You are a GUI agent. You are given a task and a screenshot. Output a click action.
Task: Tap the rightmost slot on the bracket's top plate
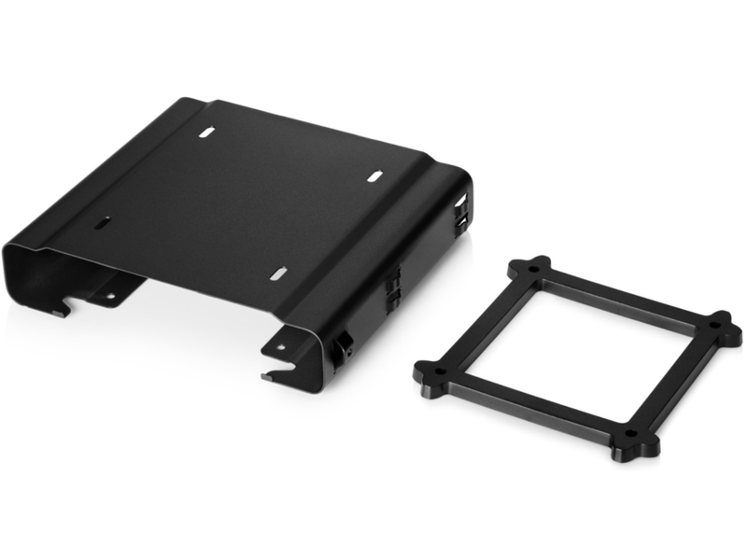click(x=373, y=175)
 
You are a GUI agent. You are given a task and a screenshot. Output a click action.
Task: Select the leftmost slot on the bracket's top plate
click(x=102, y=223)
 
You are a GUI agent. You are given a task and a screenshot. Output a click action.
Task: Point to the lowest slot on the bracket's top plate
click(x=277, y=273)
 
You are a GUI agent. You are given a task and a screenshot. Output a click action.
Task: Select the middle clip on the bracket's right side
click(x=393, y=285)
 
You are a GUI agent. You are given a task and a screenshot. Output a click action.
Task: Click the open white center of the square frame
click(x=579, y=350)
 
